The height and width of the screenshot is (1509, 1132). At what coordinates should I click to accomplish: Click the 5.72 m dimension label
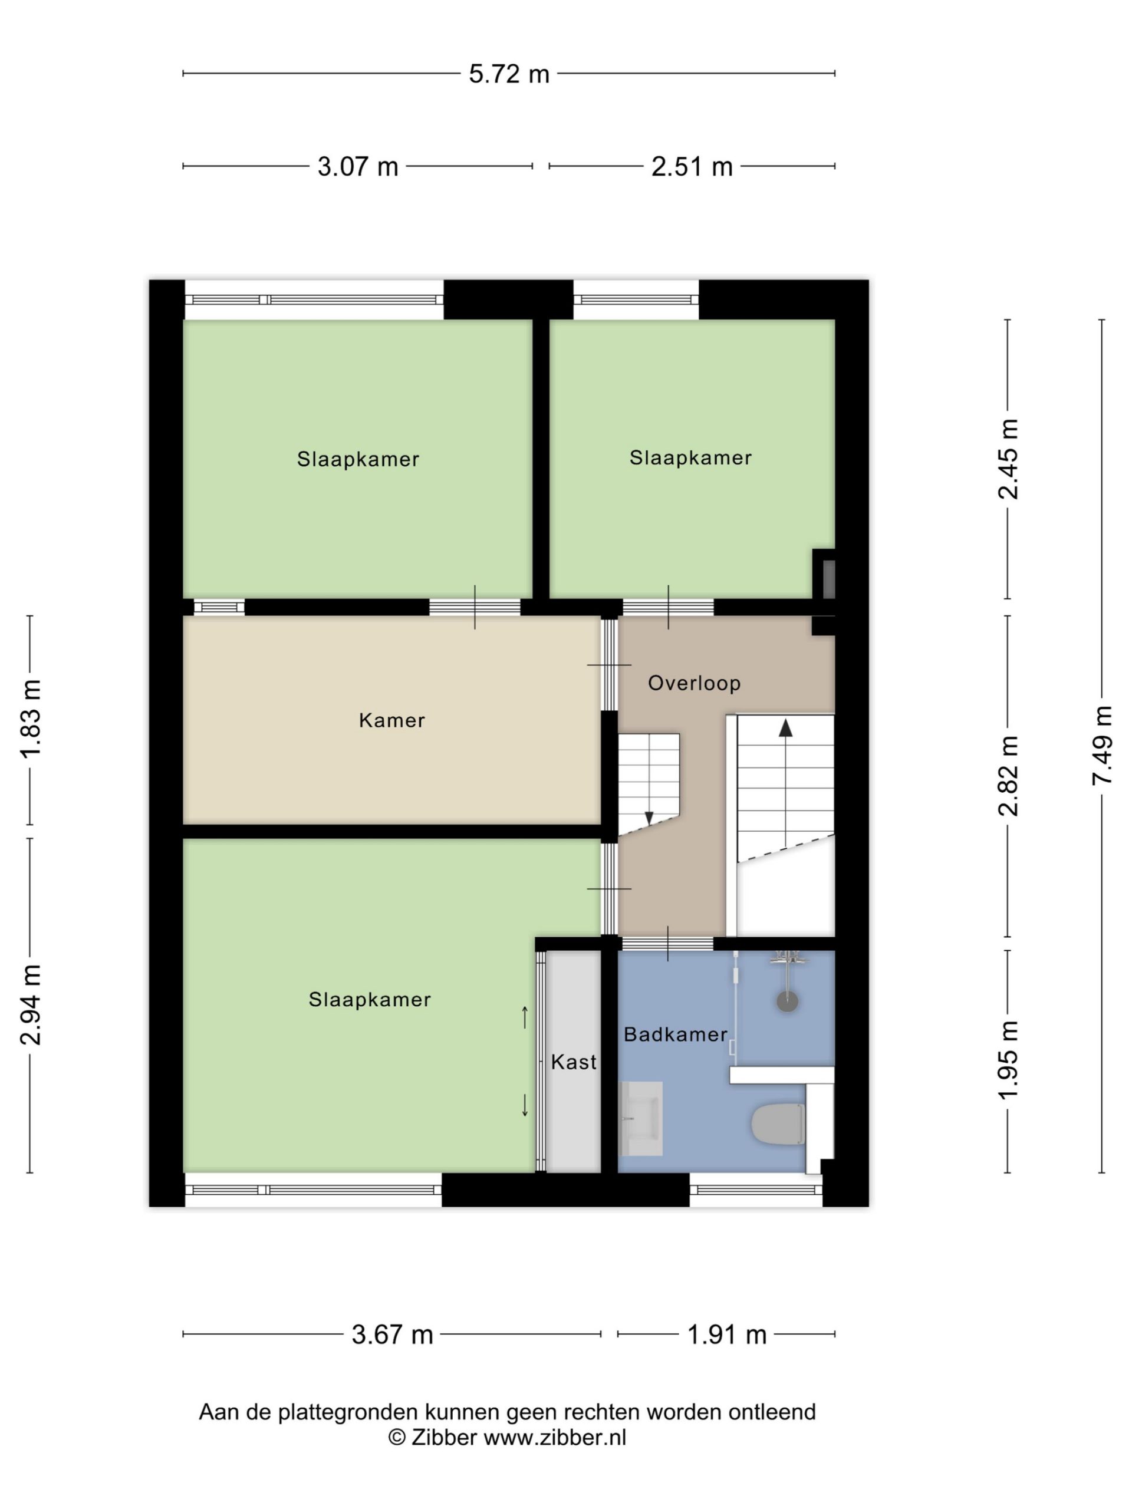point(508,74)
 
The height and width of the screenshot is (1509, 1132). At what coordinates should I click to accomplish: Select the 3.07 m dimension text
point(357,166)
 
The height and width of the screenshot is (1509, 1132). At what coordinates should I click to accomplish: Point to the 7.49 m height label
point(1101,746)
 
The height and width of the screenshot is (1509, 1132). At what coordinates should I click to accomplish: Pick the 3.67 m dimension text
point(392,1335)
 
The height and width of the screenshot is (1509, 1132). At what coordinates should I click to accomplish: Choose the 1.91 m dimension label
point(727,1335)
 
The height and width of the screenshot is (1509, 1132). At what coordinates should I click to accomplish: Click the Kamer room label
point(391,720)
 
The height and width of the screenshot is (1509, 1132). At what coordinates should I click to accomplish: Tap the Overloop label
point(694,683)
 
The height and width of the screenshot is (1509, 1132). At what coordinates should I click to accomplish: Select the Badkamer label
point(676,1034)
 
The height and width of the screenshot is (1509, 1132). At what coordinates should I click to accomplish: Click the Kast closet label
point(573,1062)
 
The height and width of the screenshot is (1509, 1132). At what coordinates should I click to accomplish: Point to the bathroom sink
point(640,1119)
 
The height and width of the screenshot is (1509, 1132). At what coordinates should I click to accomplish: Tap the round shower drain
point(788,1001)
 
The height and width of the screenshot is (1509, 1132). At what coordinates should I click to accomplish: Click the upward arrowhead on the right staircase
point(785,728)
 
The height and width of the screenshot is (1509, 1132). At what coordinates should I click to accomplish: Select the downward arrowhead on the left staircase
point(649,818)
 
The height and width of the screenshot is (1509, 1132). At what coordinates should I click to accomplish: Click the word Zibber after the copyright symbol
point(443,1437)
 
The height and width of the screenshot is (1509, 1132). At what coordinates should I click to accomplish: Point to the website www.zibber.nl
point(555,1437)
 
